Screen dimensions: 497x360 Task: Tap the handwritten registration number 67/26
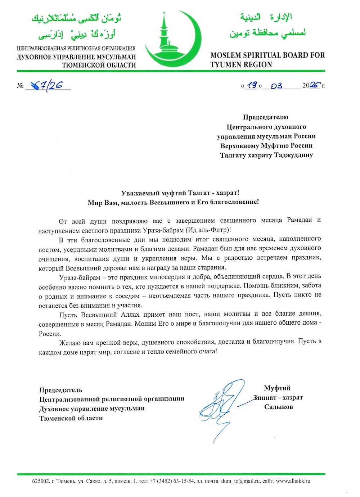tap(47, 85)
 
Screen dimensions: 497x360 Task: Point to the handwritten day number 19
tap(252, 85)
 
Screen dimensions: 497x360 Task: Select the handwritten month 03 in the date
tap(276, 86)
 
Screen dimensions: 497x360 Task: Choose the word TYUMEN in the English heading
tap(226, 65)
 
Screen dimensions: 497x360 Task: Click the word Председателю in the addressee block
tap(266, 117)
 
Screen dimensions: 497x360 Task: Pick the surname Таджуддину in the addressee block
tap(293, 155)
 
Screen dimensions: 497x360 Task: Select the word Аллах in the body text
tap(130, 314)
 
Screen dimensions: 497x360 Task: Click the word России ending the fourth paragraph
tap(49, 333)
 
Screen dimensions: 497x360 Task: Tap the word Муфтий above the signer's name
tap(277, 388)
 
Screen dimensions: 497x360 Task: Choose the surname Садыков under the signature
tap(278, 407)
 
